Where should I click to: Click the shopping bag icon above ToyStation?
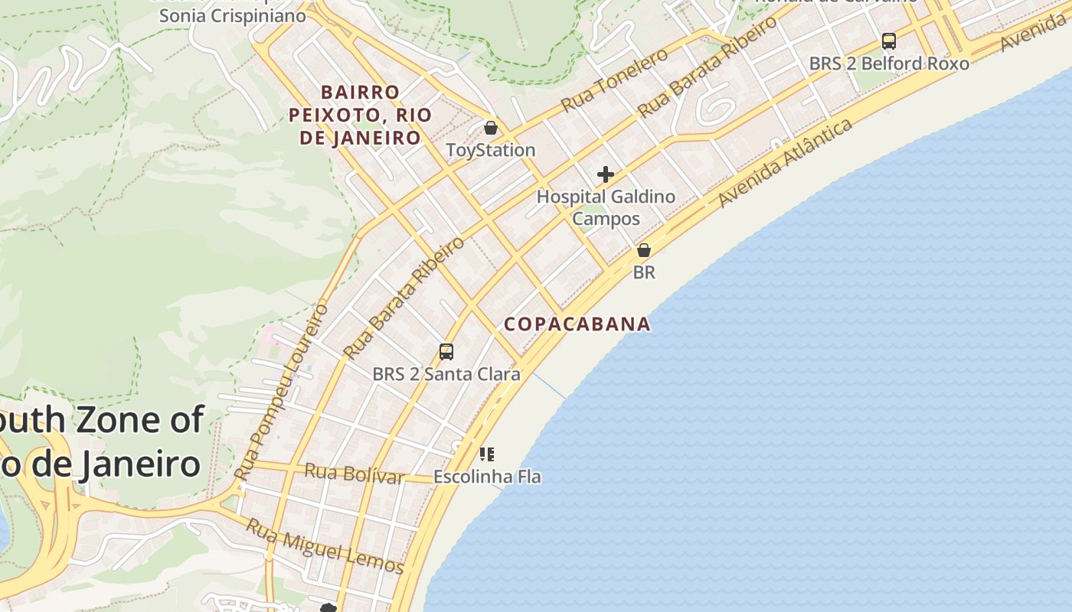490,128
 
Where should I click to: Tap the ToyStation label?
490,150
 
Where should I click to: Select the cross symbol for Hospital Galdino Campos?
606,174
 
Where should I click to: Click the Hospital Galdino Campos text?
606,207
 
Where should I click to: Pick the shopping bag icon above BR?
644,250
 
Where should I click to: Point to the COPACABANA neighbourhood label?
577,324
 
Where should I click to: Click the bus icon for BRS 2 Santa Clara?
446,352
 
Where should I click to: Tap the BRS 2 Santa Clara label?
446,374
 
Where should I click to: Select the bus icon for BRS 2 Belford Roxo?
888,41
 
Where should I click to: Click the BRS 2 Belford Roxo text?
888,63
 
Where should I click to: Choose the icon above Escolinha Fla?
486,454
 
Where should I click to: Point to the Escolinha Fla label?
487,477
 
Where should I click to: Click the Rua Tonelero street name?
614,80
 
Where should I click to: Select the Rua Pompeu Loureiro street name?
282,392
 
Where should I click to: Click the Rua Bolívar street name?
354,474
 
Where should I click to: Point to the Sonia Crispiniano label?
232,15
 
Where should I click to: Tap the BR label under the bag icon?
644,272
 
